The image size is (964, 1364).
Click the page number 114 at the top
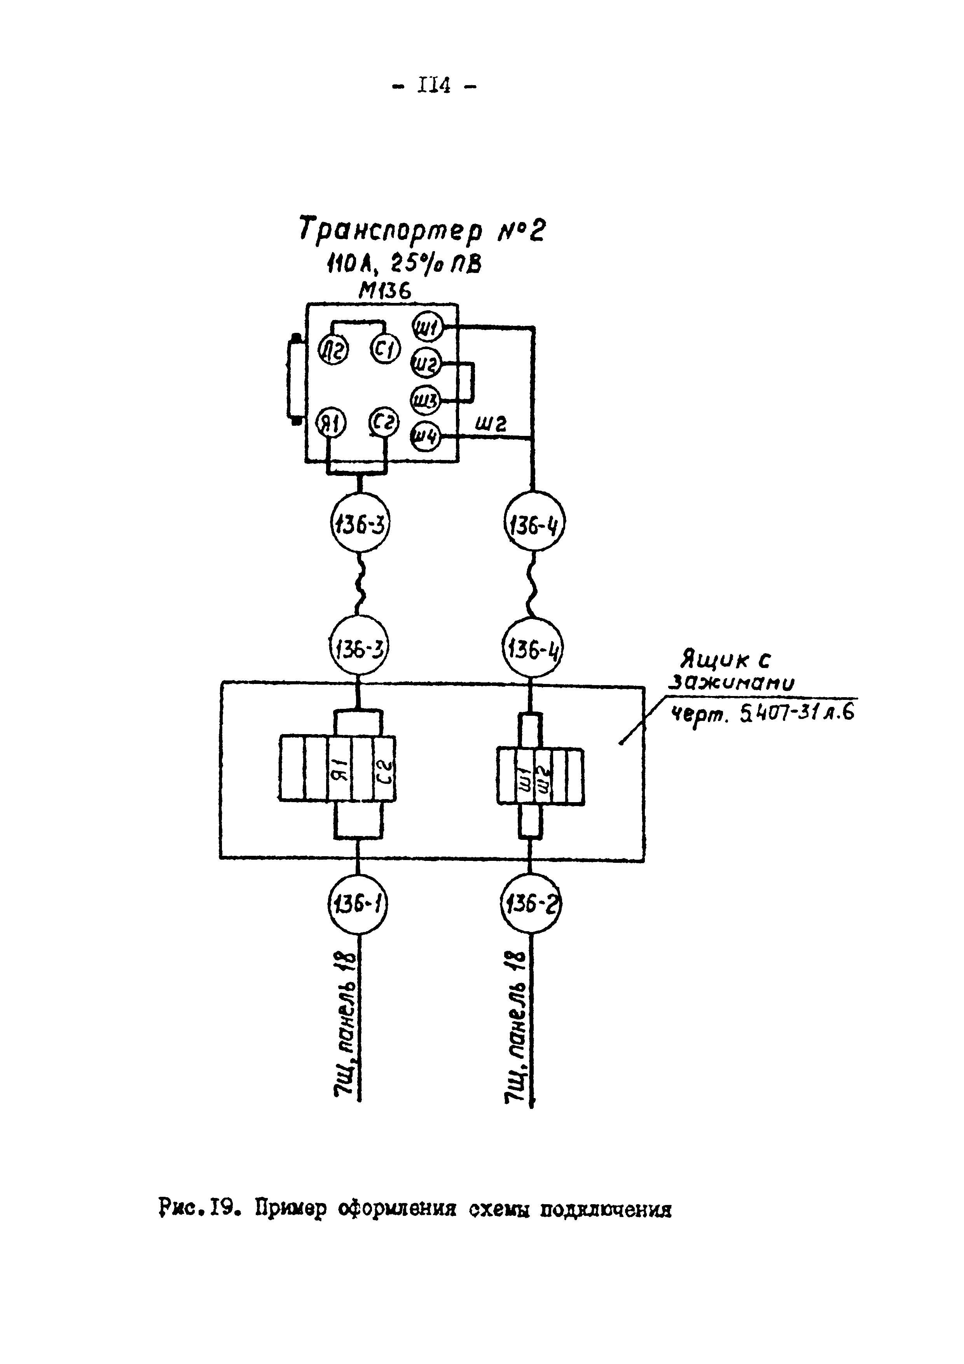[434, 87]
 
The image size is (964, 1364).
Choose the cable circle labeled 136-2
[531, 905]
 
